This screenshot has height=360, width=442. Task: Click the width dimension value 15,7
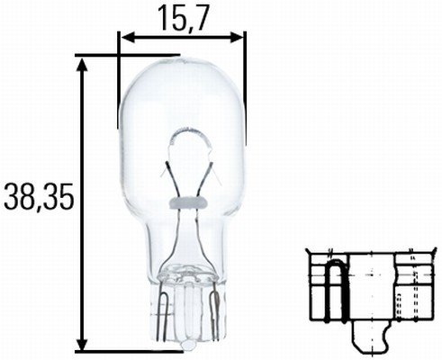pyautogui.click(x=180, y=15)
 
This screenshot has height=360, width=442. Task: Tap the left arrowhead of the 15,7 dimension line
pyautogui.click(x=124, y=38)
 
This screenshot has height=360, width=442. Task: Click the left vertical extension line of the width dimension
pyautogui.click(x=118, y=81)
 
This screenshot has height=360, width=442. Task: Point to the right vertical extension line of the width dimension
pyautogui.click(x=245, y=81)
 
